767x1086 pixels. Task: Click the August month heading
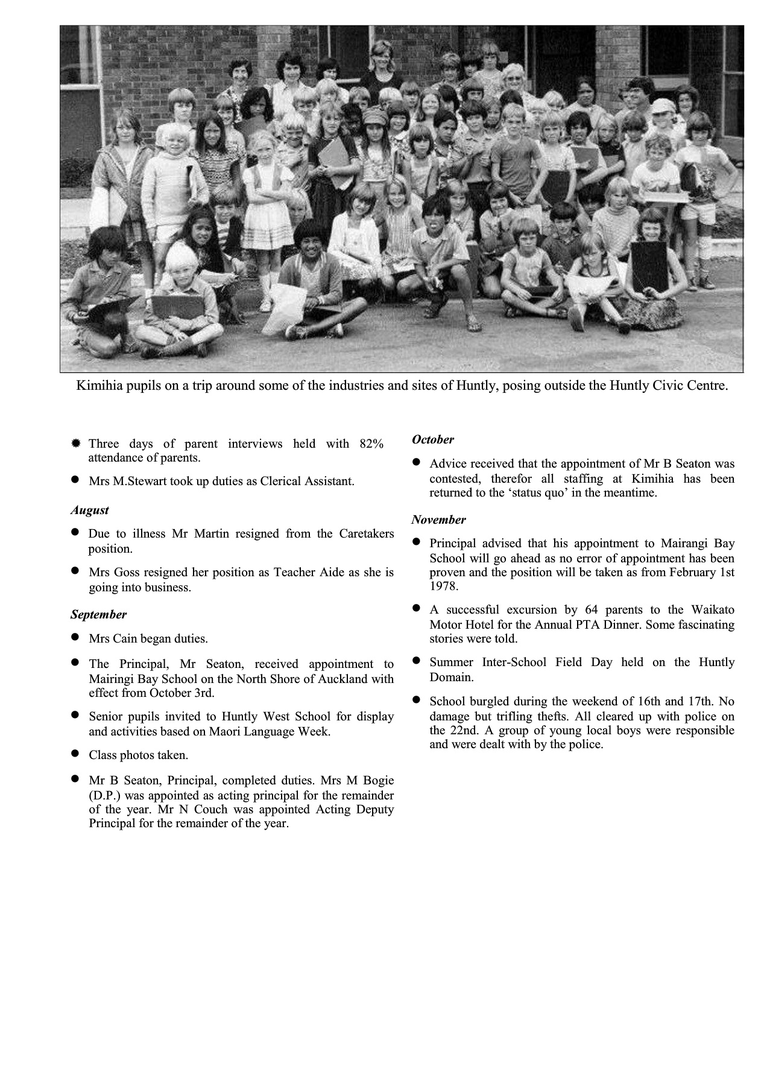(89, 510)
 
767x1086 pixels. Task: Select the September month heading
(98, 615)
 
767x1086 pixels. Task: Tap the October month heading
(432, 440)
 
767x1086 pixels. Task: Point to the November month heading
(438, 520)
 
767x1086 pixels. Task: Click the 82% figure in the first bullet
(371, 444)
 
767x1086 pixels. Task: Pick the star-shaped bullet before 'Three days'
(75, 444)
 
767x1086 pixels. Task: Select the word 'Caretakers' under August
(366, 534)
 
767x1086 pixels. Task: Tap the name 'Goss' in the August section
(127, 573)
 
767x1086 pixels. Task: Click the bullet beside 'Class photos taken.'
(75, 754)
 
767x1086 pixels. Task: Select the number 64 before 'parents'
(591, 610)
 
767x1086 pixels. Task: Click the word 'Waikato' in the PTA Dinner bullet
(712, 610)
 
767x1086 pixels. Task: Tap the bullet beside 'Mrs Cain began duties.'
(75, 637)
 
